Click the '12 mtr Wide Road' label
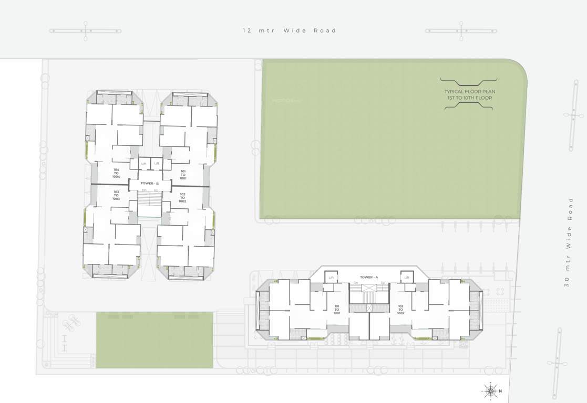click(289, 30)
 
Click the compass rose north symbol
click(490, 390)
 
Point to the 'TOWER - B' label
click(150, 183)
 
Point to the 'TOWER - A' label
click(369, 277)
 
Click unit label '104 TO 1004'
click(116, 173)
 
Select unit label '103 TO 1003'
click(116, 195)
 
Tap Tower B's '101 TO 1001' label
click(183, 175)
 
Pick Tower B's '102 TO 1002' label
click(182, 197)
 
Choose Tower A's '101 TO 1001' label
click(337, 309)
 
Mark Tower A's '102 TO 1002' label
click(401, 309)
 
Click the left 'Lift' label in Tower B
click(143, 164)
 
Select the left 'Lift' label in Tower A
click(332, 278)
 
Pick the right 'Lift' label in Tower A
click(407, 278)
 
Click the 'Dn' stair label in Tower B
click(144, 190)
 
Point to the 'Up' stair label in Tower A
click(383, 283)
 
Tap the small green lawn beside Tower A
click(155, 340)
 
